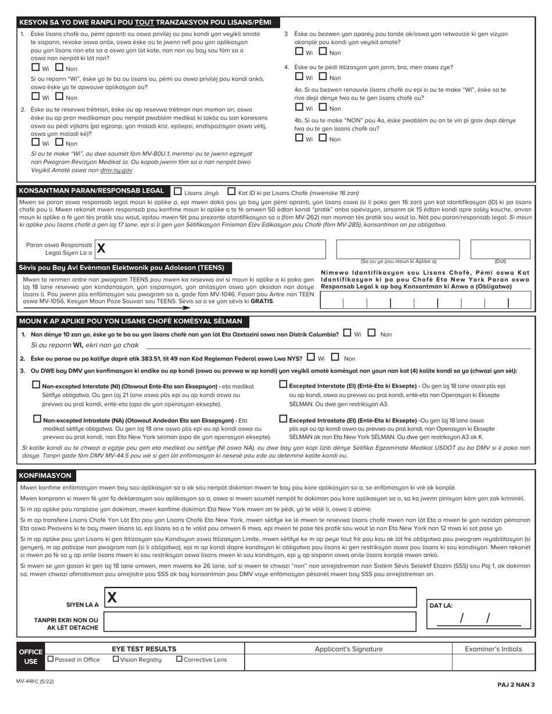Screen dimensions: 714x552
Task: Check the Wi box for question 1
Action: coord(35,68)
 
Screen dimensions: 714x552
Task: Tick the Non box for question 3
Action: coord(323,52)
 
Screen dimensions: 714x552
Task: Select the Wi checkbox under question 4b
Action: coord(299,138)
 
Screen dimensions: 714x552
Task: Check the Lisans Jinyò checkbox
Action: coord(178,191)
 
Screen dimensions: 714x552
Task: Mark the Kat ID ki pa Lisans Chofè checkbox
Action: coord(231,191)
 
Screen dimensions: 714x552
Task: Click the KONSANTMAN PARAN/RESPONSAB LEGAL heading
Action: coord(91,191)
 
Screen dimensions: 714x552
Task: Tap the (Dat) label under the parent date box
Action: coord(500,261)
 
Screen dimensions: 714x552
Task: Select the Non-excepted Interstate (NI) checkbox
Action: coord(37,384)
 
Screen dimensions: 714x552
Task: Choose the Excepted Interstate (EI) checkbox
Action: coord(284,384)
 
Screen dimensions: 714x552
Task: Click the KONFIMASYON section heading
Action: coord(45,475)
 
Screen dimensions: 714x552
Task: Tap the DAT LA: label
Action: coord(441,605)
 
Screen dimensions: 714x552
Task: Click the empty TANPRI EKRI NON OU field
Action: coord(260,621)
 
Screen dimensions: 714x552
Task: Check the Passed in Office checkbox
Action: coord(51,659)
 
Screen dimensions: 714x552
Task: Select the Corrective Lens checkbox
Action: coord(179,659)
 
